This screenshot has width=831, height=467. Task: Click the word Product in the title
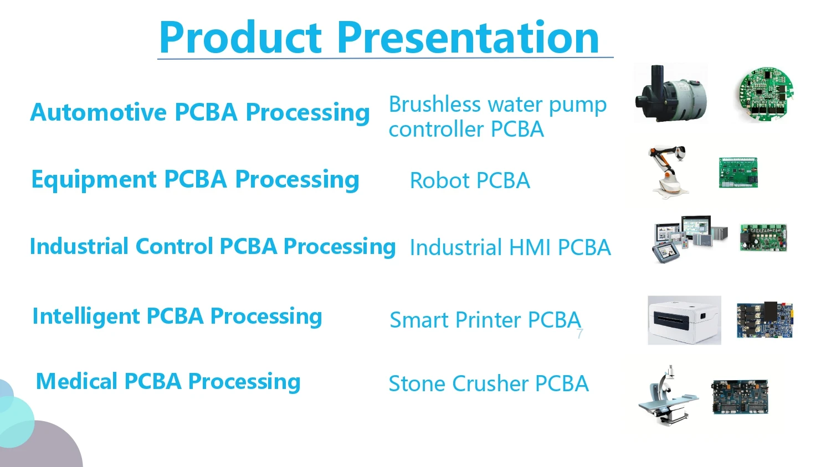pos(240,38)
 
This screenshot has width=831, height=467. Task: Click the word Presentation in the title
pos(468,38)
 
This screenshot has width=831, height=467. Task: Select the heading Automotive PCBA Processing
pos(199,112)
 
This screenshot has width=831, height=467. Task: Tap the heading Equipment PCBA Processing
pos(195,180)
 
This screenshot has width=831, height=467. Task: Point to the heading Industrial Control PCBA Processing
pos(212,247)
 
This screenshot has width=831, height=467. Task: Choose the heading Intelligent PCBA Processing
pos(177,316)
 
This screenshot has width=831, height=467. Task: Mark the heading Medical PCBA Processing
pos(168,381)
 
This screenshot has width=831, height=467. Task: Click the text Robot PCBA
pos(470,181)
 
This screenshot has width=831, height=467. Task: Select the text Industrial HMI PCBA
pos(510,247)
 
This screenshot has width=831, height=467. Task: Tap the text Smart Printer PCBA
pos(485,320)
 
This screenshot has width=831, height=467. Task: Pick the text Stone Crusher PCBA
pos(488,383)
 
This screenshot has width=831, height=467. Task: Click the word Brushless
pos(434,104)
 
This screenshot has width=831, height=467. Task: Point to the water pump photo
pos(670,93)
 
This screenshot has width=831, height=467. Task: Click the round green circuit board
pos(766,94)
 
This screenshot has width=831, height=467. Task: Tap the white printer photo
pos(684,320)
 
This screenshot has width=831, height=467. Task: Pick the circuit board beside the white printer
pos(765,320)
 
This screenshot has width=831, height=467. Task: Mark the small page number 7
pos(579,333)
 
